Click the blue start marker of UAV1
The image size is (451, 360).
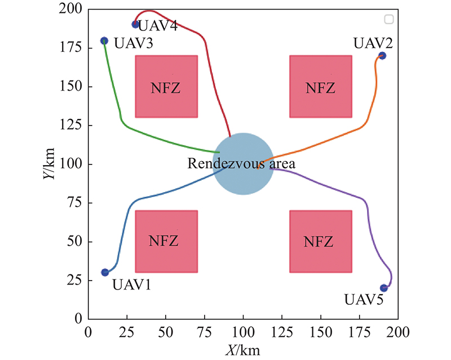pos(105,273)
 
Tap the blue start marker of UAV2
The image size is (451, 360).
pos(382,56)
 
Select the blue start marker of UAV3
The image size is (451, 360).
pos(104,41)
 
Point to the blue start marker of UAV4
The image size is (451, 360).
pos(135,24)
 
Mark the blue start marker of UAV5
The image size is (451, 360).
pos(384,288)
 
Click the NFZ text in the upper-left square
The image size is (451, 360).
pos(166,88)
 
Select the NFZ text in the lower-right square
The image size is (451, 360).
pos(320,242)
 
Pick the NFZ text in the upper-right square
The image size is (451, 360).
pos(320,88)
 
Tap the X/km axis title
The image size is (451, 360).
pos(242,350)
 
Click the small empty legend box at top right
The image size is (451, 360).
pos(388,20)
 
